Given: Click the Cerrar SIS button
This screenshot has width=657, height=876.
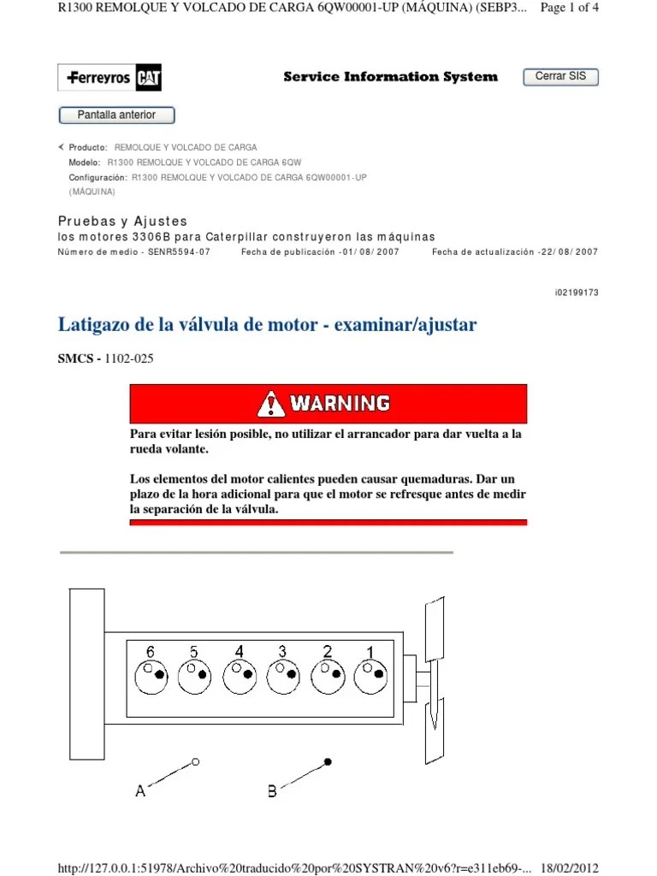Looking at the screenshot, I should [x=560, y=77].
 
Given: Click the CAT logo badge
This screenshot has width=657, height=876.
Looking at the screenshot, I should [x=148, y=79].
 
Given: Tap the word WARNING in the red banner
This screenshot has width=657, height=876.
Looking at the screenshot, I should [x=339, y=402].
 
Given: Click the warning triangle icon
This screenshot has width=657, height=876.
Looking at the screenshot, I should [x=271, y=402].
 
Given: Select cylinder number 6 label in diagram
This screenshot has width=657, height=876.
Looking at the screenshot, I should [x=150, y=652].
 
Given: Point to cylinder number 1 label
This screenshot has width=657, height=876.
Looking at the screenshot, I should [x=370, y=653].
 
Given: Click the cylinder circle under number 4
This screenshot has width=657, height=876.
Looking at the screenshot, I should [x=239, y=677].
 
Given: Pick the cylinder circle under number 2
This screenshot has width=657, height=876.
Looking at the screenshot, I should [x=327, y=677].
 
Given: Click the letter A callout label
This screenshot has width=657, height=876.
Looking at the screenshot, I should [x=140, y=792].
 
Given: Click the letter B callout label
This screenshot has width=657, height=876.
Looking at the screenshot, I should [x=272, y=792].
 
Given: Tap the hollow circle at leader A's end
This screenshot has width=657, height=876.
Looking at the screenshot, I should [x=196, y=761].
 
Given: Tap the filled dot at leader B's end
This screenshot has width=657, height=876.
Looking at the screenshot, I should [x=328, y=761].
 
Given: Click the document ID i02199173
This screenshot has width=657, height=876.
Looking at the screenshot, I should [x=577, y=293].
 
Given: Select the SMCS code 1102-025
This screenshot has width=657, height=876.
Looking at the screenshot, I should [x=129, y=359].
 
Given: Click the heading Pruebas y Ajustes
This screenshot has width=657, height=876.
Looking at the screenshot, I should [x=122, y=222].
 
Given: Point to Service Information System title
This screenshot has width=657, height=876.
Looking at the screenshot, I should [x=390, y=77].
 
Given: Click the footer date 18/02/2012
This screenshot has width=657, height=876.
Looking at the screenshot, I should [x=569, y=867].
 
